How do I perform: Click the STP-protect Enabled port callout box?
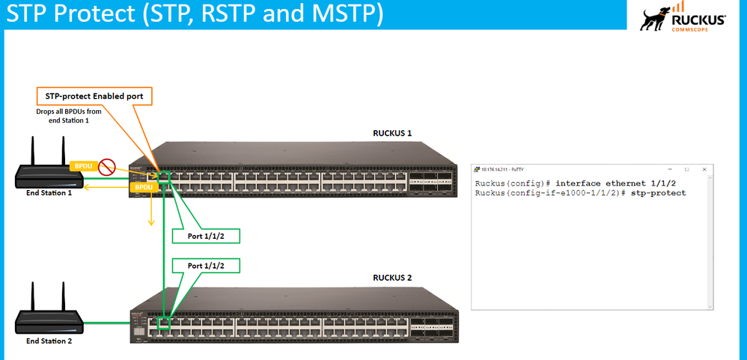94,97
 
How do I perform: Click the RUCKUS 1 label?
392,133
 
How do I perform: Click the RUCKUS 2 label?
392,278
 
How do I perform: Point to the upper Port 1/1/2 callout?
205,237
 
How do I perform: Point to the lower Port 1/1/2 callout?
205,266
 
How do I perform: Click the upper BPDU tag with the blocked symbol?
81,165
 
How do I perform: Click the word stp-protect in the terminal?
663,193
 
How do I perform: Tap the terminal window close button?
704,170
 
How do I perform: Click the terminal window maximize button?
686,170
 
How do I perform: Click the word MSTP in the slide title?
349,15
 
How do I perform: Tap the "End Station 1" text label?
49,192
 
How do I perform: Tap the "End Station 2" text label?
49,341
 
